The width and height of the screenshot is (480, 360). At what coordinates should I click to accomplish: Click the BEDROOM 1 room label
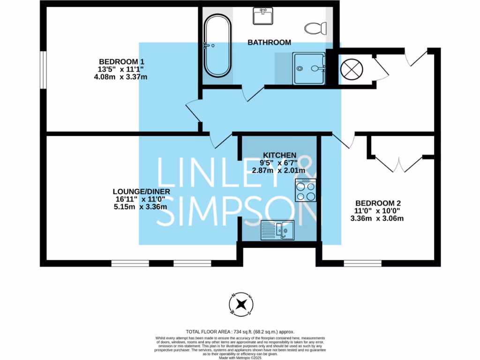121,61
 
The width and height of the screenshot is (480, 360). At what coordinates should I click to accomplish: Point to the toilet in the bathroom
315,28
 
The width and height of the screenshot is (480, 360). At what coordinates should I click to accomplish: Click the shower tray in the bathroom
309,68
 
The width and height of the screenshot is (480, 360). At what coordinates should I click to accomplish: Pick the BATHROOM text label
269,42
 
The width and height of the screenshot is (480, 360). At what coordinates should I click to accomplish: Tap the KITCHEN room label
280,155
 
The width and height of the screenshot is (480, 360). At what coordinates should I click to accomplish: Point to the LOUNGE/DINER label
141,192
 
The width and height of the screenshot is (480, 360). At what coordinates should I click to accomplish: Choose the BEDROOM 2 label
378,203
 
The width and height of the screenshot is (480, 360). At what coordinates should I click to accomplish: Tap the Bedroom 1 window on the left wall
42,69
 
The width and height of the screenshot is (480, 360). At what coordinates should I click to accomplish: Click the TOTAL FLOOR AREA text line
240,331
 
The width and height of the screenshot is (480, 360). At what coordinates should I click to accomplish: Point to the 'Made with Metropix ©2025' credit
240,358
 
